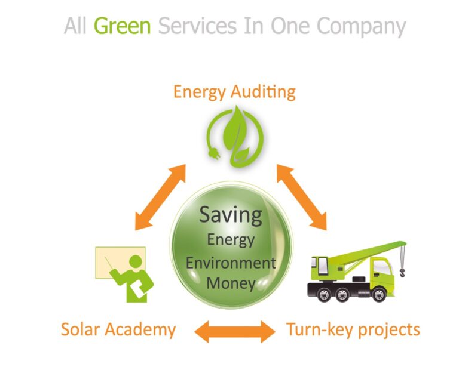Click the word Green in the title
pyautogui.click(x=122, y=26)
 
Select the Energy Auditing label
pyautogui.click(x=234, y=92)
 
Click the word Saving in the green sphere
pyautogui.click(x=230, y=215)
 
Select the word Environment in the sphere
pyautogui.click(x=231, y=263)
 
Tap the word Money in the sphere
pyautogui.click(x=231, y=283)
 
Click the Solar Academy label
pyautogui.click(x=118, y=329)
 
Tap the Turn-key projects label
pyautogui.click(x=353, y=329)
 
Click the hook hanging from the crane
pyautogui.click(x=402, y=272)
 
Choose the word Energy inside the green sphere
pyautogui.click(x=231, y=240)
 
